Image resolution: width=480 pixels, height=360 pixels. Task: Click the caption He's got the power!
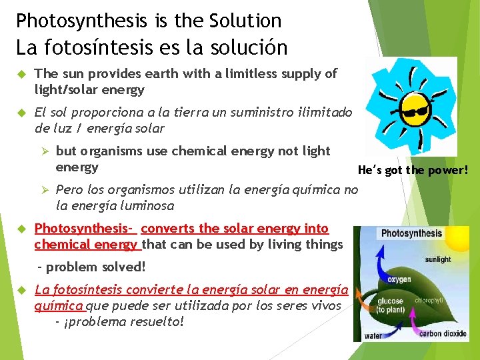point(413,170)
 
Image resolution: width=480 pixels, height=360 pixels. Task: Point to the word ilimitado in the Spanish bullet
point(324,113)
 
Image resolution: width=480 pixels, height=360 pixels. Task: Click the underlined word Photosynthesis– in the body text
point(85,229)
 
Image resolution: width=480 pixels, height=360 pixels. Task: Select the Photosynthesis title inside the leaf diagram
point(411,233)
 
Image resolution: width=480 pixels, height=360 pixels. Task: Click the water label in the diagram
point(373,335)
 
